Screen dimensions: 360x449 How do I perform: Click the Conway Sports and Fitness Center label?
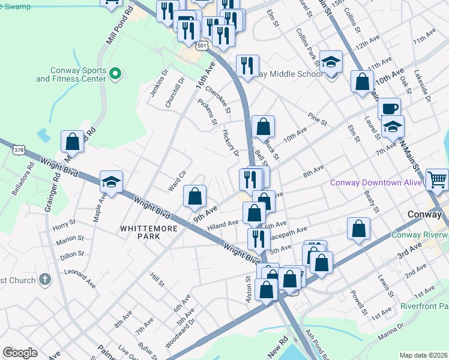(71, 74)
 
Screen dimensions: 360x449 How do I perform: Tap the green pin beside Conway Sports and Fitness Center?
(116, 74)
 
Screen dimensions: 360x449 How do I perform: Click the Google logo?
(20, 353)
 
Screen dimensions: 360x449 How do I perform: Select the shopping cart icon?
(438, 178)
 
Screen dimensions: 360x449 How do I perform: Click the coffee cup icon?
(390, 108)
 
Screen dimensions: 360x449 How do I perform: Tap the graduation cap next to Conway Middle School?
(330, 61)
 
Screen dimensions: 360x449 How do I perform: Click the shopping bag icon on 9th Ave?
(194, 196)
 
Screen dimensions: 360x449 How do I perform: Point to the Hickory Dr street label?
(231, 142)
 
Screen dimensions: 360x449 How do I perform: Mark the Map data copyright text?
(423, 355)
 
